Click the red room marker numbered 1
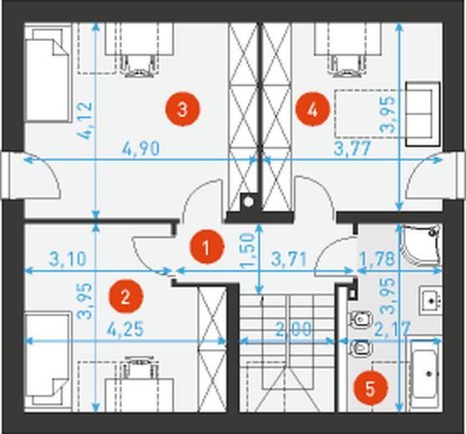tap(206, 248)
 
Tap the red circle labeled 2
tap(125, 296)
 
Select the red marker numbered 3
tap(183, 109)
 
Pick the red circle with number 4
tap(312, 110)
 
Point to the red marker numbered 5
tap(370, 388)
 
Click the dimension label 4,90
tap(141, 149)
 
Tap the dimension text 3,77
tap(352, 149)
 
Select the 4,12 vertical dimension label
tap(86, 121)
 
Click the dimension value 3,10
tap(68, 259)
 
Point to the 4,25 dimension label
tap(125, 329)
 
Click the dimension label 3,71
tap(289, 260)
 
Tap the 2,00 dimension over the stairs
tap(294, 329)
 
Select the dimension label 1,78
tap(377, 259)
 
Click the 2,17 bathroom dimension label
tap(393, 329)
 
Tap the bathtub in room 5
tap(426, 376)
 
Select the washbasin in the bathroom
tap(431, 300)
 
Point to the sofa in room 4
tap(423, 114)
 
